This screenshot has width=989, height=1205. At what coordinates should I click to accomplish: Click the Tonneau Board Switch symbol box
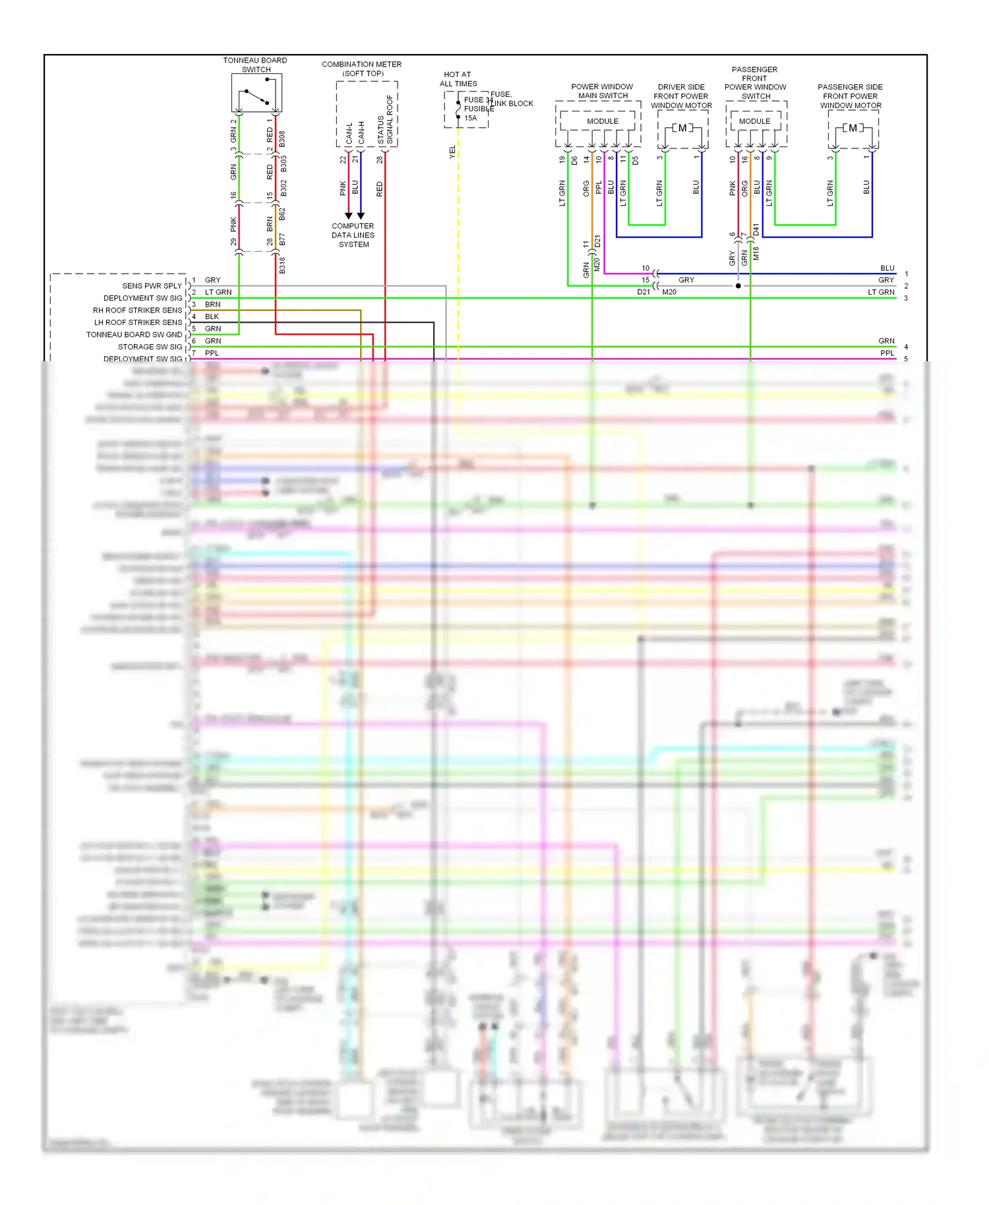[x=256, y=93]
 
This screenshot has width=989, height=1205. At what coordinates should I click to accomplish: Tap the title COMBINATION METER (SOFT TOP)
[x=361, y=69]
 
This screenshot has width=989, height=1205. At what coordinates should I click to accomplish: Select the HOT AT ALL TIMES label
[x=458, y=79]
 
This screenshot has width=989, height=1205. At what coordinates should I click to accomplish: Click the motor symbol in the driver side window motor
[x=682, y=128]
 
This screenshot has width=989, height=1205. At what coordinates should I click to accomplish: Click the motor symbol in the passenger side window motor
[x=853, y=128]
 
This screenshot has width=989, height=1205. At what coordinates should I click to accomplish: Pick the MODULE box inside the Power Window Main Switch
[x=603, y=121]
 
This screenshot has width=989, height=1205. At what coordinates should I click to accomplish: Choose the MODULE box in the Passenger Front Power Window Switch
[x=754, y=121]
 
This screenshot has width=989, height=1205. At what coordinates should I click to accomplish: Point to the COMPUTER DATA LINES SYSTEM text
[x=353, y=235]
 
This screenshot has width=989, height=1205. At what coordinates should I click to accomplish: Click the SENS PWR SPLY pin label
[x=152, y=286]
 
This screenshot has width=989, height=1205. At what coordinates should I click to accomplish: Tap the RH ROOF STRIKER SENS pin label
[x=137, y=310]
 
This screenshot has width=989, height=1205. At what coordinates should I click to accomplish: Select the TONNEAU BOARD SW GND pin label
[x=134, y=335]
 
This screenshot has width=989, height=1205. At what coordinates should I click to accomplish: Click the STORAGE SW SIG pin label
[x=150, y=347]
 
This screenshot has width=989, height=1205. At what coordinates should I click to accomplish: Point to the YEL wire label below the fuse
[x=452, y=152]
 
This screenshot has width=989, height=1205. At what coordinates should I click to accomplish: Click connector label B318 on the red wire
[x=282, y=265]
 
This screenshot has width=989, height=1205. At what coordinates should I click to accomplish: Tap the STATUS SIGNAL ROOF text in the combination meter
[x=385, y=121]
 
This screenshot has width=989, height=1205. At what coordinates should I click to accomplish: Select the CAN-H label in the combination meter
[x=361, y=132]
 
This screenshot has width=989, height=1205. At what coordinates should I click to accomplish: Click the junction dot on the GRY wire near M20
[x=738, y=286]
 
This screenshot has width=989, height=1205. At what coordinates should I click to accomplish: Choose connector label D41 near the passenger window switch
[x=756, y=229]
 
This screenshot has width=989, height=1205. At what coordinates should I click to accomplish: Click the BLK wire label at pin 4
[x=212, y=316]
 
